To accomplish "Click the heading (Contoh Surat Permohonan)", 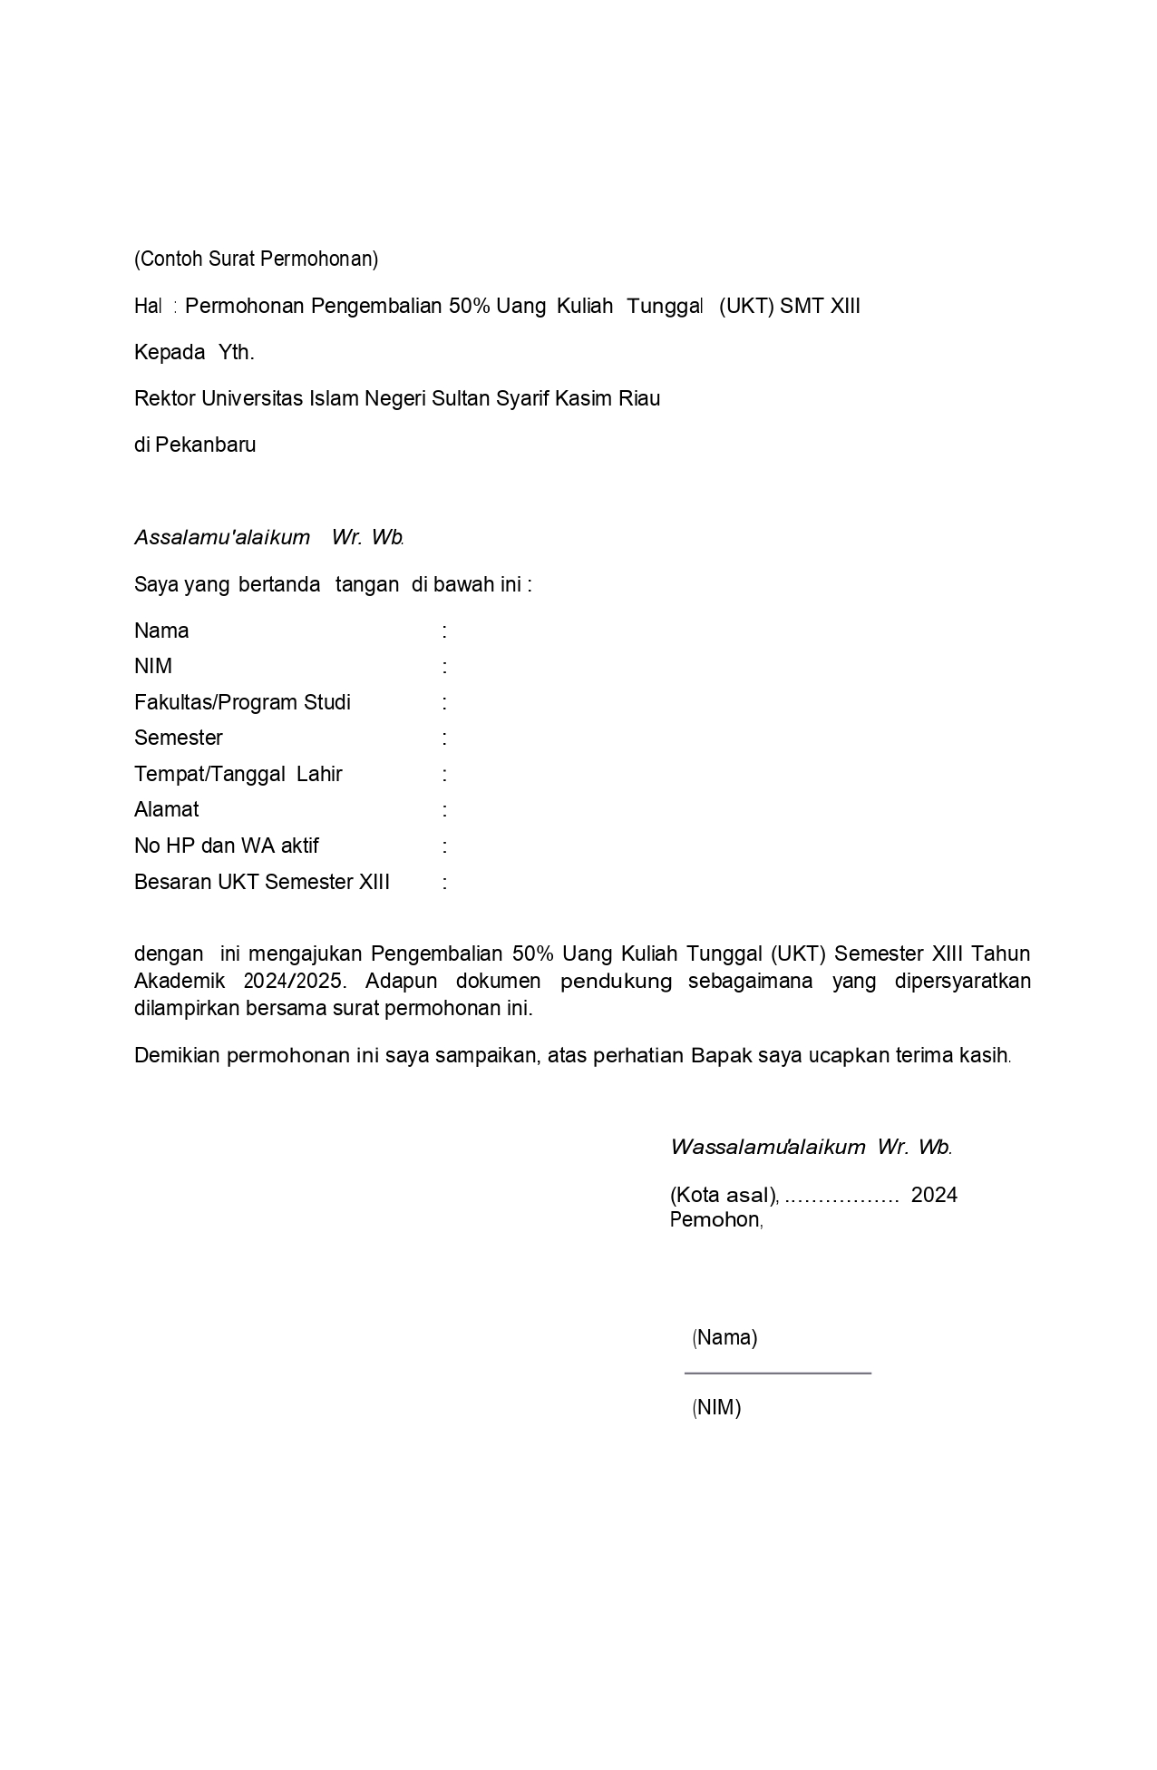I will tap(256, 259).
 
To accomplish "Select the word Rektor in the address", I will tap(164, 399).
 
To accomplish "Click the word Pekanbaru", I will tap(206, 445).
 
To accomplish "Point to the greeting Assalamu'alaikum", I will tap(222, 537).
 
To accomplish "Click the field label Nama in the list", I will tap(161, 631).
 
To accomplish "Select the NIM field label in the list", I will tap(153, 667).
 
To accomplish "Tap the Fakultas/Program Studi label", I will tap(242, 703).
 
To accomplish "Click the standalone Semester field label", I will tap(179, 738).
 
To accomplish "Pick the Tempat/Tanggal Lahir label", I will tap(238, 775).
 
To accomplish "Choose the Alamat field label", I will tap(166, 810).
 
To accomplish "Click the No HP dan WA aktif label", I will tap(227, 846).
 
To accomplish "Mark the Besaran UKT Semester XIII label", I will tap(262, 883).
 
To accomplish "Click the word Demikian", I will tap(176, 1056).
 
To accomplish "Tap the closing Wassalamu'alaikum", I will tap(768, 1148).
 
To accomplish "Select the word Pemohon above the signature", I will tap(715, 1220).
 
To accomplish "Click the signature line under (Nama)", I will tap(778, 1374).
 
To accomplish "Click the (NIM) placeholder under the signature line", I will tap(716, 1408).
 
